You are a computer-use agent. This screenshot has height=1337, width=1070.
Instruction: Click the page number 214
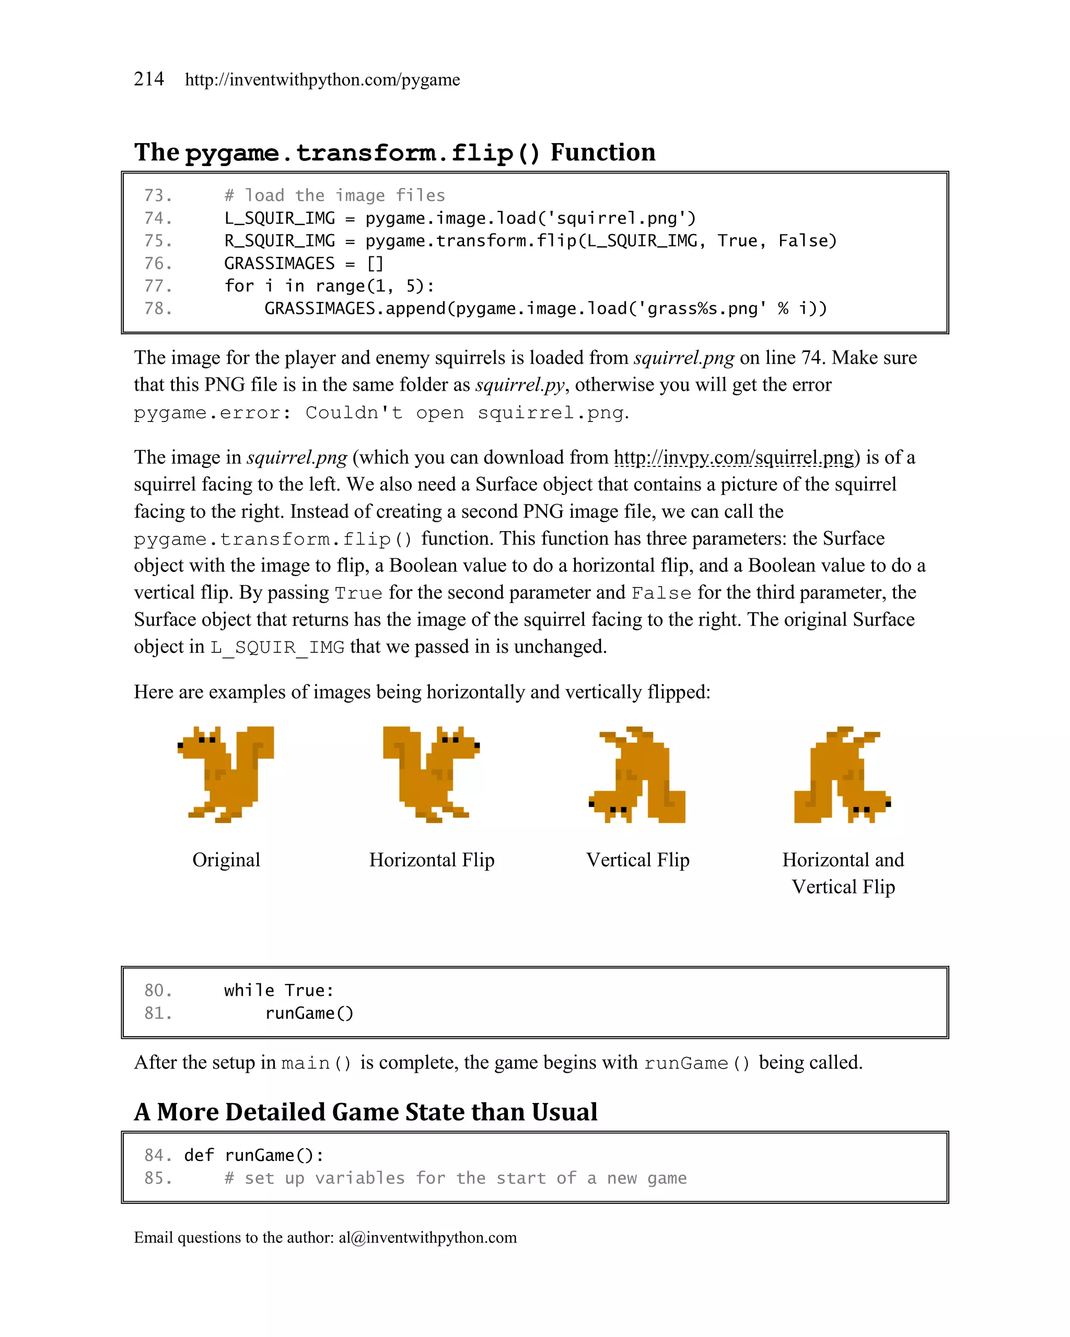pyautogui.click(x=149, y=79)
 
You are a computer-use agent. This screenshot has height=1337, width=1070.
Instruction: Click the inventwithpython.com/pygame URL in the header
pyautogui.click(x=322, y=80)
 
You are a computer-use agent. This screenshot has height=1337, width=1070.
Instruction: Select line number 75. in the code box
pyautogui.click(x=158, y=241)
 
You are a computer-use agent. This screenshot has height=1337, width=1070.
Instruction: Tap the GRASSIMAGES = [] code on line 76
pyautogui.click(x=304, y=264)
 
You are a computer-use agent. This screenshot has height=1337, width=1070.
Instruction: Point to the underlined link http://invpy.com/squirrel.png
pyautogui.click(x=734, y=457)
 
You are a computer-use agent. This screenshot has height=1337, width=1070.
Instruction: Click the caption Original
pyautogui.click(x=226, y=860)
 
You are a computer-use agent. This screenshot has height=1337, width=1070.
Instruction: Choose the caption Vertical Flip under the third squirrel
pyautogui.click(x=637, y=860)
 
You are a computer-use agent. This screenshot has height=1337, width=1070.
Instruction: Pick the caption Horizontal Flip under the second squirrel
pyautogui.click(x=432, y=860)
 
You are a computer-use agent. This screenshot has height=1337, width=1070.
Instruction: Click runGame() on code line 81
pyautogui.click(x=309, y=1013)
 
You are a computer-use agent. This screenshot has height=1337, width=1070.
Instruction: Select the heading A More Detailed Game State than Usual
pyautogui.click(x=365, y=1112)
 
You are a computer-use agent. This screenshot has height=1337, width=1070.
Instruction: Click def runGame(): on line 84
pyautogui.click(x=254, y=1155)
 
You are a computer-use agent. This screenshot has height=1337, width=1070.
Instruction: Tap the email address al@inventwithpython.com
pyautogui.click(x=427, y=1237)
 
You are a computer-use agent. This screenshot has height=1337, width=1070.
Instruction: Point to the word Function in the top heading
pyautogui.click(x=602, y=152)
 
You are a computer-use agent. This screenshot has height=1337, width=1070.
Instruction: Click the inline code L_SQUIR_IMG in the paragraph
pyautogui.click(x=277, y=648)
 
